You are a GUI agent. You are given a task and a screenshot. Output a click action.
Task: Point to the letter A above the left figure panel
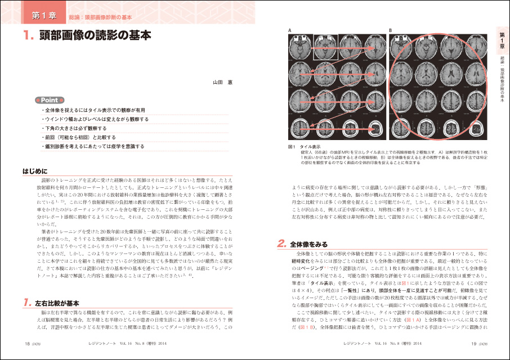(x=289, y=30)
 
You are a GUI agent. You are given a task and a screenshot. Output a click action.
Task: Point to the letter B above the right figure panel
(x=390, y=30)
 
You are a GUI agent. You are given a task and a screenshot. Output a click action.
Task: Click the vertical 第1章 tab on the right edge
(x=502, y=40)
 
